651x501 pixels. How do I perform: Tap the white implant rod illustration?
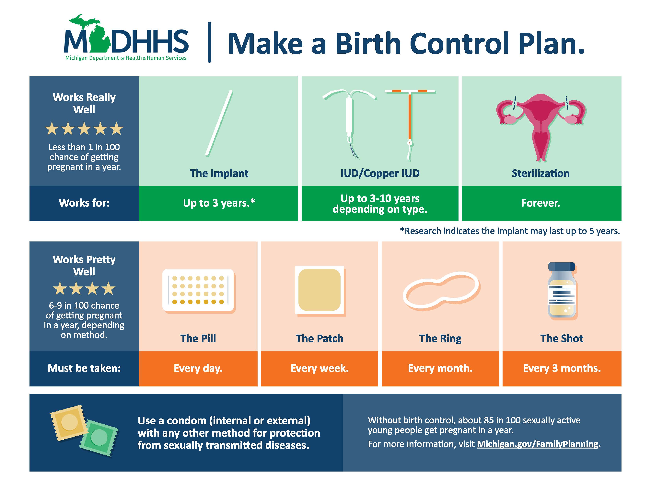coord(219,123)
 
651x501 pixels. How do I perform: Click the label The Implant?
coord(219,173)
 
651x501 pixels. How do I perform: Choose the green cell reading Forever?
coord(541,203)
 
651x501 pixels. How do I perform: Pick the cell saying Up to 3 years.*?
coord(219,203)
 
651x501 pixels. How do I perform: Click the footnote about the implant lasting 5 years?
coord(510,231)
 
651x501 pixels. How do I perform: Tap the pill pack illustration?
coord(198,290)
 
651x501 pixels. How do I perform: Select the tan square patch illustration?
coord(319,290)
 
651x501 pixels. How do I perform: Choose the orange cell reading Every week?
coord(320,368)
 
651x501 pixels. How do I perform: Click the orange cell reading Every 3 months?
coord(562,368)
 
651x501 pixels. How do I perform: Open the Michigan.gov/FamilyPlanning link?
coord(537,444)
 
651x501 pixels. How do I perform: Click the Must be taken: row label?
coord(84,368)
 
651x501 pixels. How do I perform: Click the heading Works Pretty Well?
coord(84,265)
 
